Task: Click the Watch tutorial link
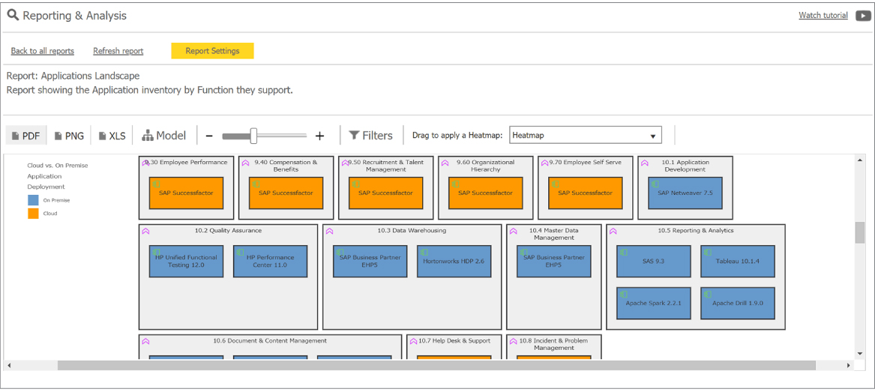823,16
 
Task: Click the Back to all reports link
43,51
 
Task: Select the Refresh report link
118,51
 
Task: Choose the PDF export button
26,136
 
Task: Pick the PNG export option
69,136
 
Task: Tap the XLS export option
112,136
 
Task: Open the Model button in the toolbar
164,136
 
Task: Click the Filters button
370,136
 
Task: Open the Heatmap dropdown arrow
653,136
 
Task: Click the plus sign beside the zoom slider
319,136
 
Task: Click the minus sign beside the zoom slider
208,136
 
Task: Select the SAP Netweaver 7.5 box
685,193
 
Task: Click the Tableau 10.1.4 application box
738,261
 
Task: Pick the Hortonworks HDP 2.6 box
454,261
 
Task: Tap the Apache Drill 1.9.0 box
738,304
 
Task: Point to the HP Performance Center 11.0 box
270,261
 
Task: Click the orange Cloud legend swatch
33,214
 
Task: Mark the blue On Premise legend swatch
33,200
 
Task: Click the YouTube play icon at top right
863,16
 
